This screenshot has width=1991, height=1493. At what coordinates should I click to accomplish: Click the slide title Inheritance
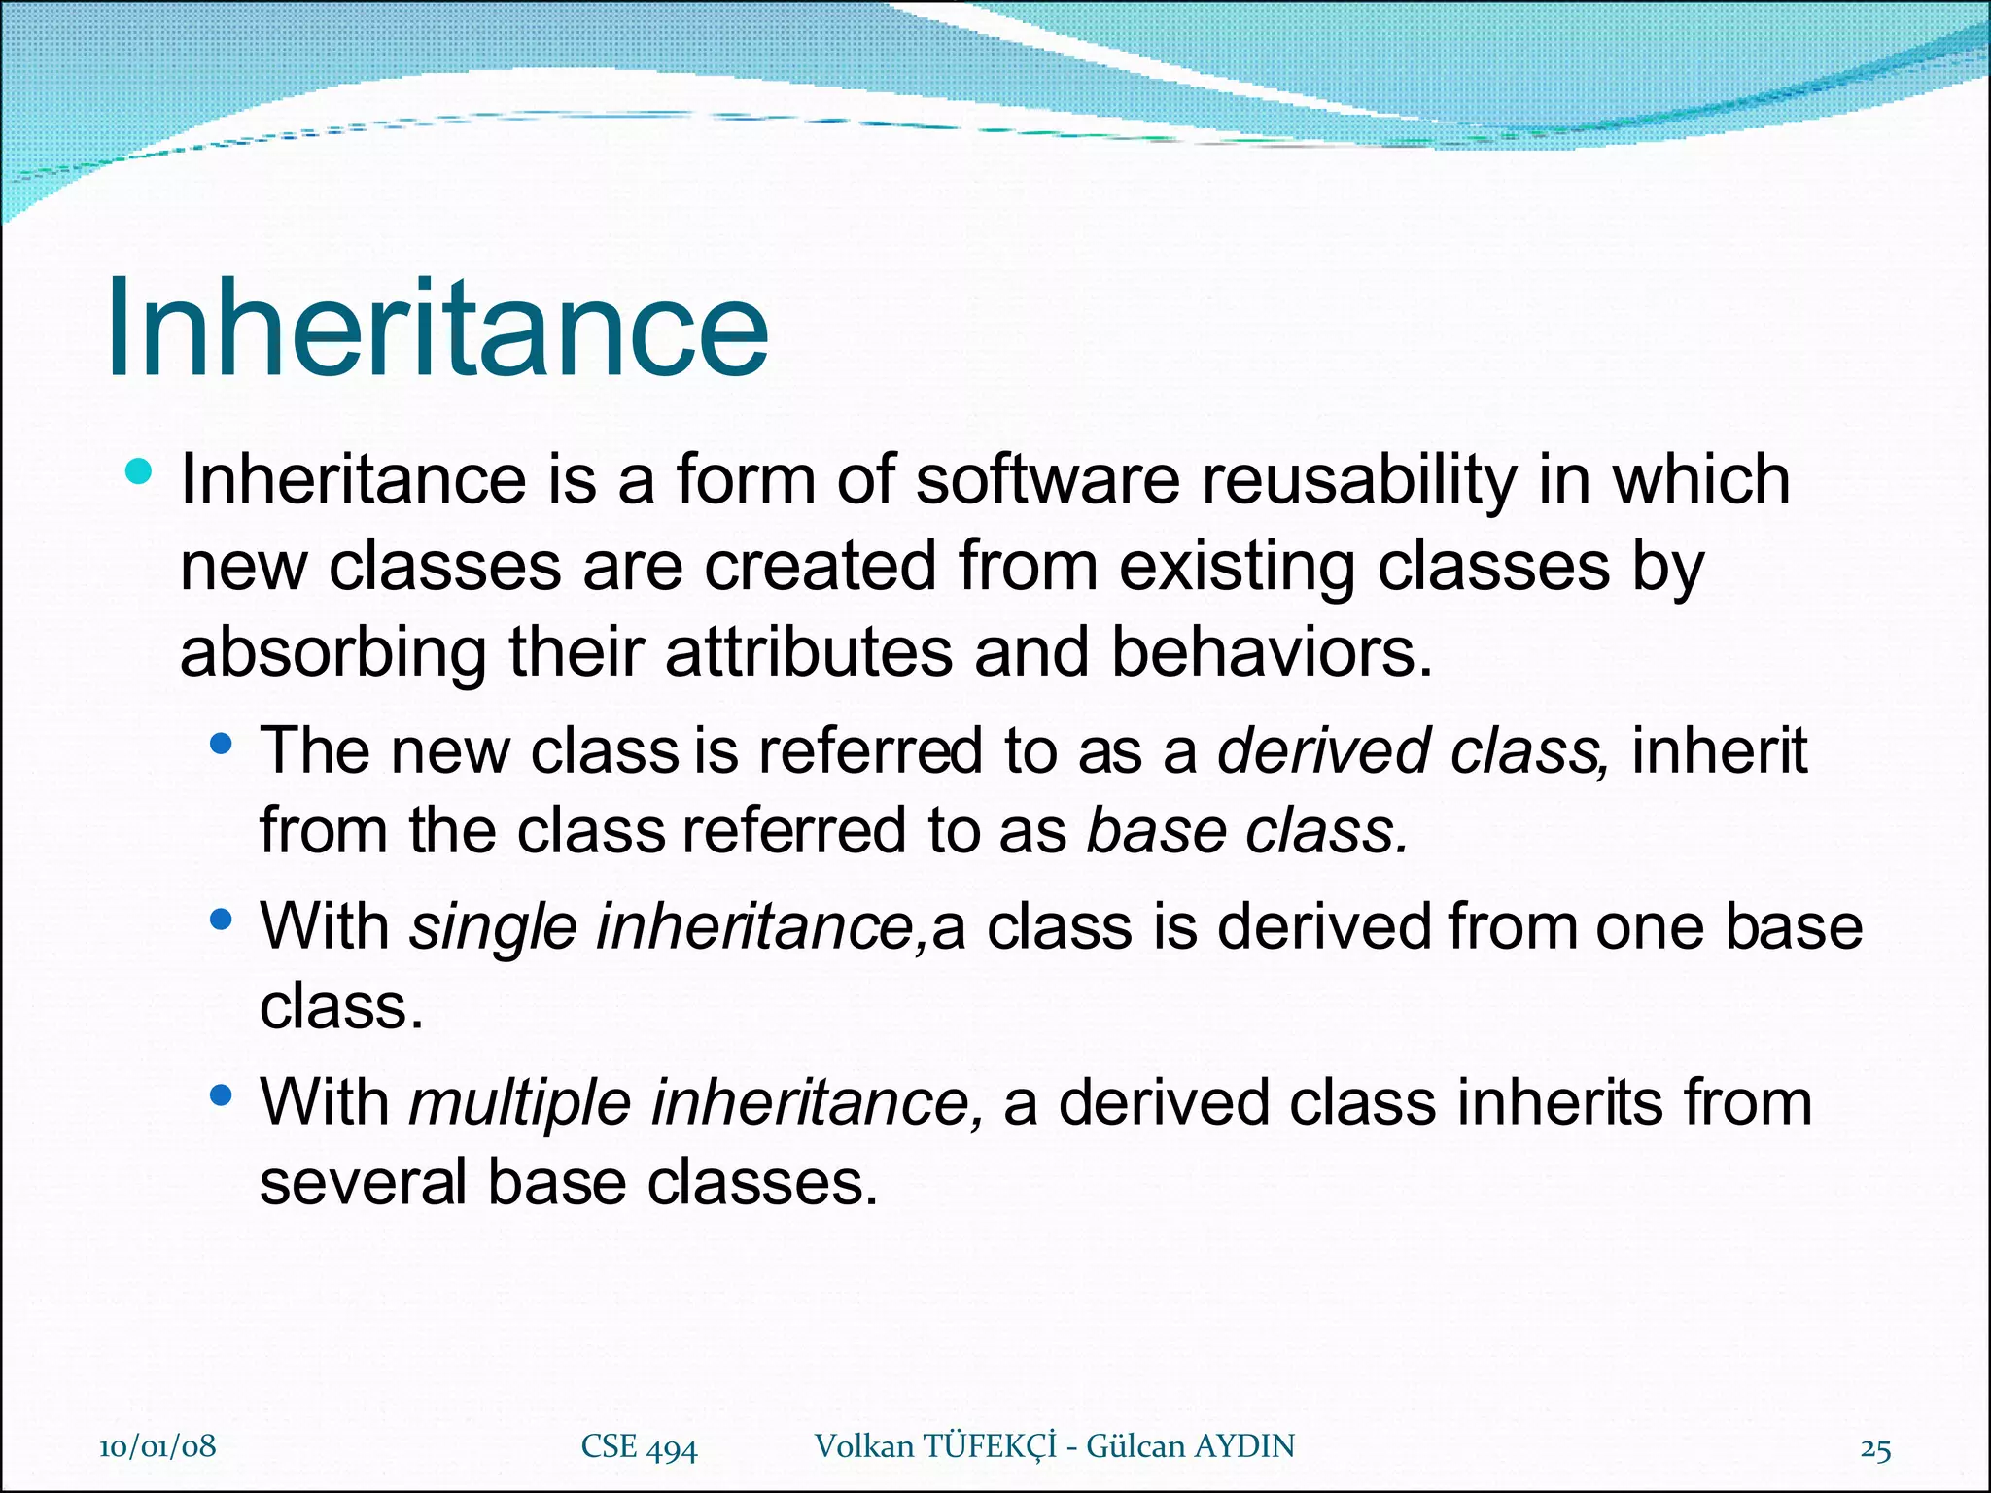[437, 328]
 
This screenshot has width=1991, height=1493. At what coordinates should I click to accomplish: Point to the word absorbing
[332, 654]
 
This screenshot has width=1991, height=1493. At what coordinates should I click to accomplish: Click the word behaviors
[1272, 652]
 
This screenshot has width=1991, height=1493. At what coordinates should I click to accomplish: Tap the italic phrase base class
[1247, 831]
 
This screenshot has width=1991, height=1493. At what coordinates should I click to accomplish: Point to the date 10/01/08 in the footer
[157, 1446]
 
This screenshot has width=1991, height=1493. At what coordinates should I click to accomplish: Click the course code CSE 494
[639, 1447]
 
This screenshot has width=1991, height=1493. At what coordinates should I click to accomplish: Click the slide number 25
[1875, 1449]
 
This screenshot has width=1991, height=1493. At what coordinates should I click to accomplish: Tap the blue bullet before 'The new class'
[221, 745]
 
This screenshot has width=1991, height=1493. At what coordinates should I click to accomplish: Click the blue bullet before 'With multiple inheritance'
[221, 1096]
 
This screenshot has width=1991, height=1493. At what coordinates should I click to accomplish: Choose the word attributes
[809, 652]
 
